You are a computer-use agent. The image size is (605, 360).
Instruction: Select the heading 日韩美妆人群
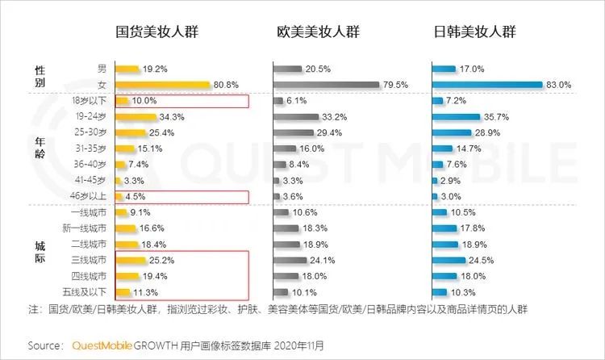pos(476,33)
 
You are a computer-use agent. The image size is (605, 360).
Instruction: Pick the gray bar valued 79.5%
pos(326,85)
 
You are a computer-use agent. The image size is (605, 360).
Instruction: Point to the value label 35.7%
pos(496,117)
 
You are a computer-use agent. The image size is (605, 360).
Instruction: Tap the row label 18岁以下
pos(90,101)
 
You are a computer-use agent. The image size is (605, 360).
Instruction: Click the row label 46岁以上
pos(90,196)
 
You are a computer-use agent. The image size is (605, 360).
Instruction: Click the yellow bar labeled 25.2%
pos(134,260)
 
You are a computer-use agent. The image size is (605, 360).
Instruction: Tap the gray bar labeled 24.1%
pos(290,260)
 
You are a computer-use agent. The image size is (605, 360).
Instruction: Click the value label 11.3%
pos(144,291)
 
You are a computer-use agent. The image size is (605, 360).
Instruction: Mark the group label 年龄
pos(40,149)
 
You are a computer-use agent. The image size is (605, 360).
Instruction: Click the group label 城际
pos(40,252)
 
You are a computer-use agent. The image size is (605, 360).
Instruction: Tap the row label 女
pos(102,85)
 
